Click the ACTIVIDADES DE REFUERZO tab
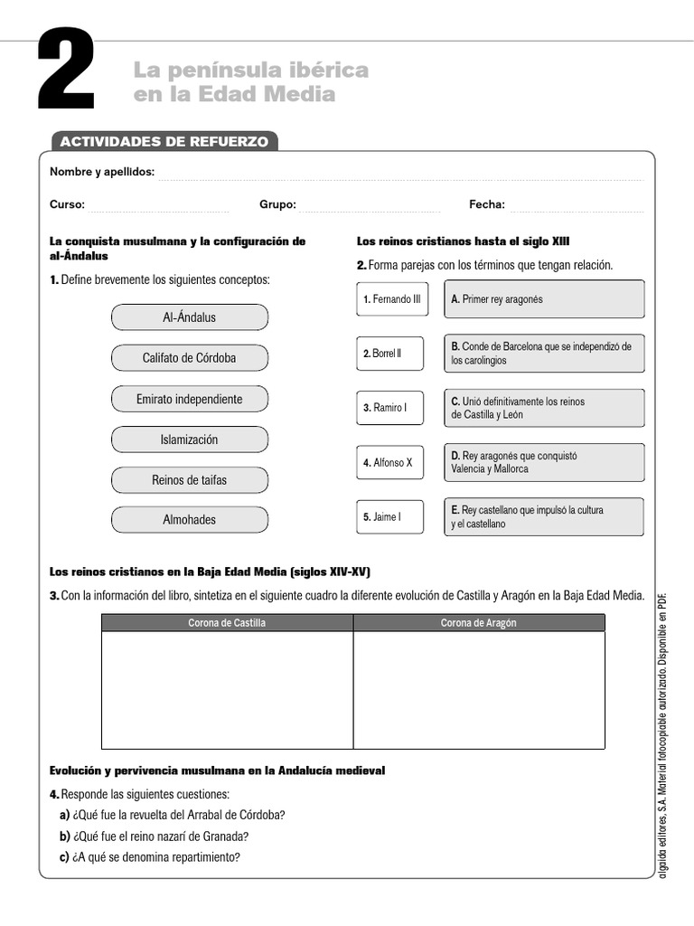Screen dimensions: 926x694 click(x=163, y=142)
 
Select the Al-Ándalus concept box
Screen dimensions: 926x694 click(x=190, y=317)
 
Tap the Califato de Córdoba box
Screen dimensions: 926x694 click(x=190, y=358)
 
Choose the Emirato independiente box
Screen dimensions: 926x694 click(x=190, y=399)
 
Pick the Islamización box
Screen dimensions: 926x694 click(x=190, y=439)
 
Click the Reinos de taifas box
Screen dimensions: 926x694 click(x=190, y=480)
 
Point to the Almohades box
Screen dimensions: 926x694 click(x=190, y=520)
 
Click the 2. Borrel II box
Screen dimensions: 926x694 click(x=389, y=354)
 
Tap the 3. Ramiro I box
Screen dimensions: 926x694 click(x=389, y=408)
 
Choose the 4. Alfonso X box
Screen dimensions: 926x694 click(x=389, y=462)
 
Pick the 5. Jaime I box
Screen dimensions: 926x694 click(x=389, y=517)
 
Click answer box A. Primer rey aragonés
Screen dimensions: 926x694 click(x=544, y=299)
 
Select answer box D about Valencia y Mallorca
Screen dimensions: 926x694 click(x=544, y=462)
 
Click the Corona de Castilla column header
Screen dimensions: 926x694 click(x=227, y=623)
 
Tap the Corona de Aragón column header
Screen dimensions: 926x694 click(x=479, y=623)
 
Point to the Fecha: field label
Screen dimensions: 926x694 click(x=486, y=204)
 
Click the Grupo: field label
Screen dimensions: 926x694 click(x=277, y=204)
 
